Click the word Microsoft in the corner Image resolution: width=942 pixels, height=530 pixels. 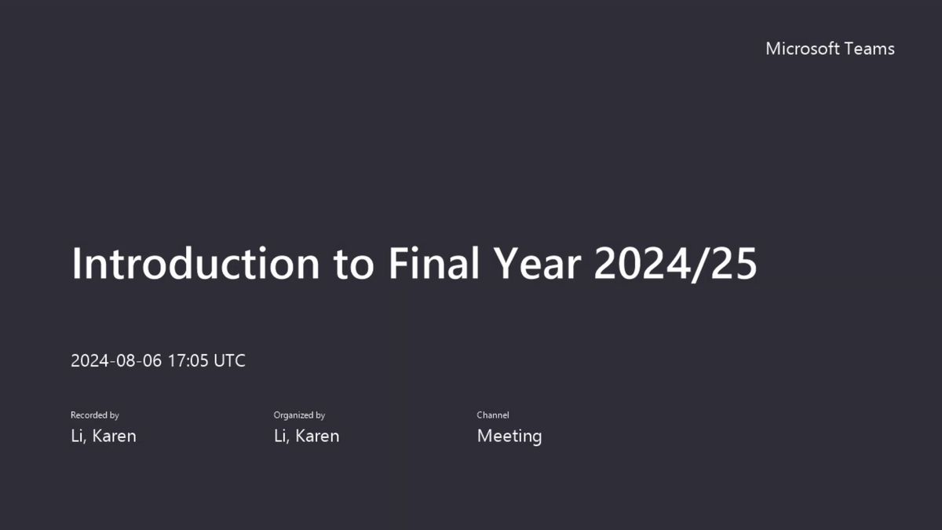click(x=803, y=49)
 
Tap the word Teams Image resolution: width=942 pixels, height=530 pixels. click(x=870, y=49)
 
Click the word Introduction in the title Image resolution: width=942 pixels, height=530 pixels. click(x=195, y=263)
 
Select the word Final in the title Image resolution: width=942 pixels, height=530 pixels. click(x=434, y=263)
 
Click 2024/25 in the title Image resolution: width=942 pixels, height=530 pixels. click(x=675, y=264)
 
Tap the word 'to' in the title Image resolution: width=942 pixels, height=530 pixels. click(x=354, y=266)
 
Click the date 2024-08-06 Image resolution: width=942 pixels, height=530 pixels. click(x=116, y=360)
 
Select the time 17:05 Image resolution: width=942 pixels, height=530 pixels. click(x=188, y=360)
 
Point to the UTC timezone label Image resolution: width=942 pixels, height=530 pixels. click(x=229, y=360)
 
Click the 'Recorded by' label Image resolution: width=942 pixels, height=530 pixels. click(x=95, y=415)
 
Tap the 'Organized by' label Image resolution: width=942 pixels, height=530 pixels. click(x=299, y=415)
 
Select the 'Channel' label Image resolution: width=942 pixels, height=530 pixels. click(x=493, y=415)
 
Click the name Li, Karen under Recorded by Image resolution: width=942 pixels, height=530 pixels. click(x=104, y=437)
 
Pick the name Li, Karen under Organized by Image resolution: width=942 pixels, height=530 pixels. click(x=307, y=437)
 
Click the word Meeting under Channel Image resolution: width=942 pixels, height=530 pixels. click(x=509, y=437)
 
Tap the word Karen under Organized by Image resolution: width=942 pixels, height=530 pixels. click(x=317, y=436)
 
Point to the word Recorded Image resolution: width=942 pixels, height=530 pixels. click(x=89, y=415)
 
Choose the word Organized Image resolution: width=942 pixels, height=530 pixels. click(x=294, y=415)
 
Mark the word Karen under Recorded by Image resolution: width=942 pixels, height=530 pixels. click(x=114, y=436)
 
